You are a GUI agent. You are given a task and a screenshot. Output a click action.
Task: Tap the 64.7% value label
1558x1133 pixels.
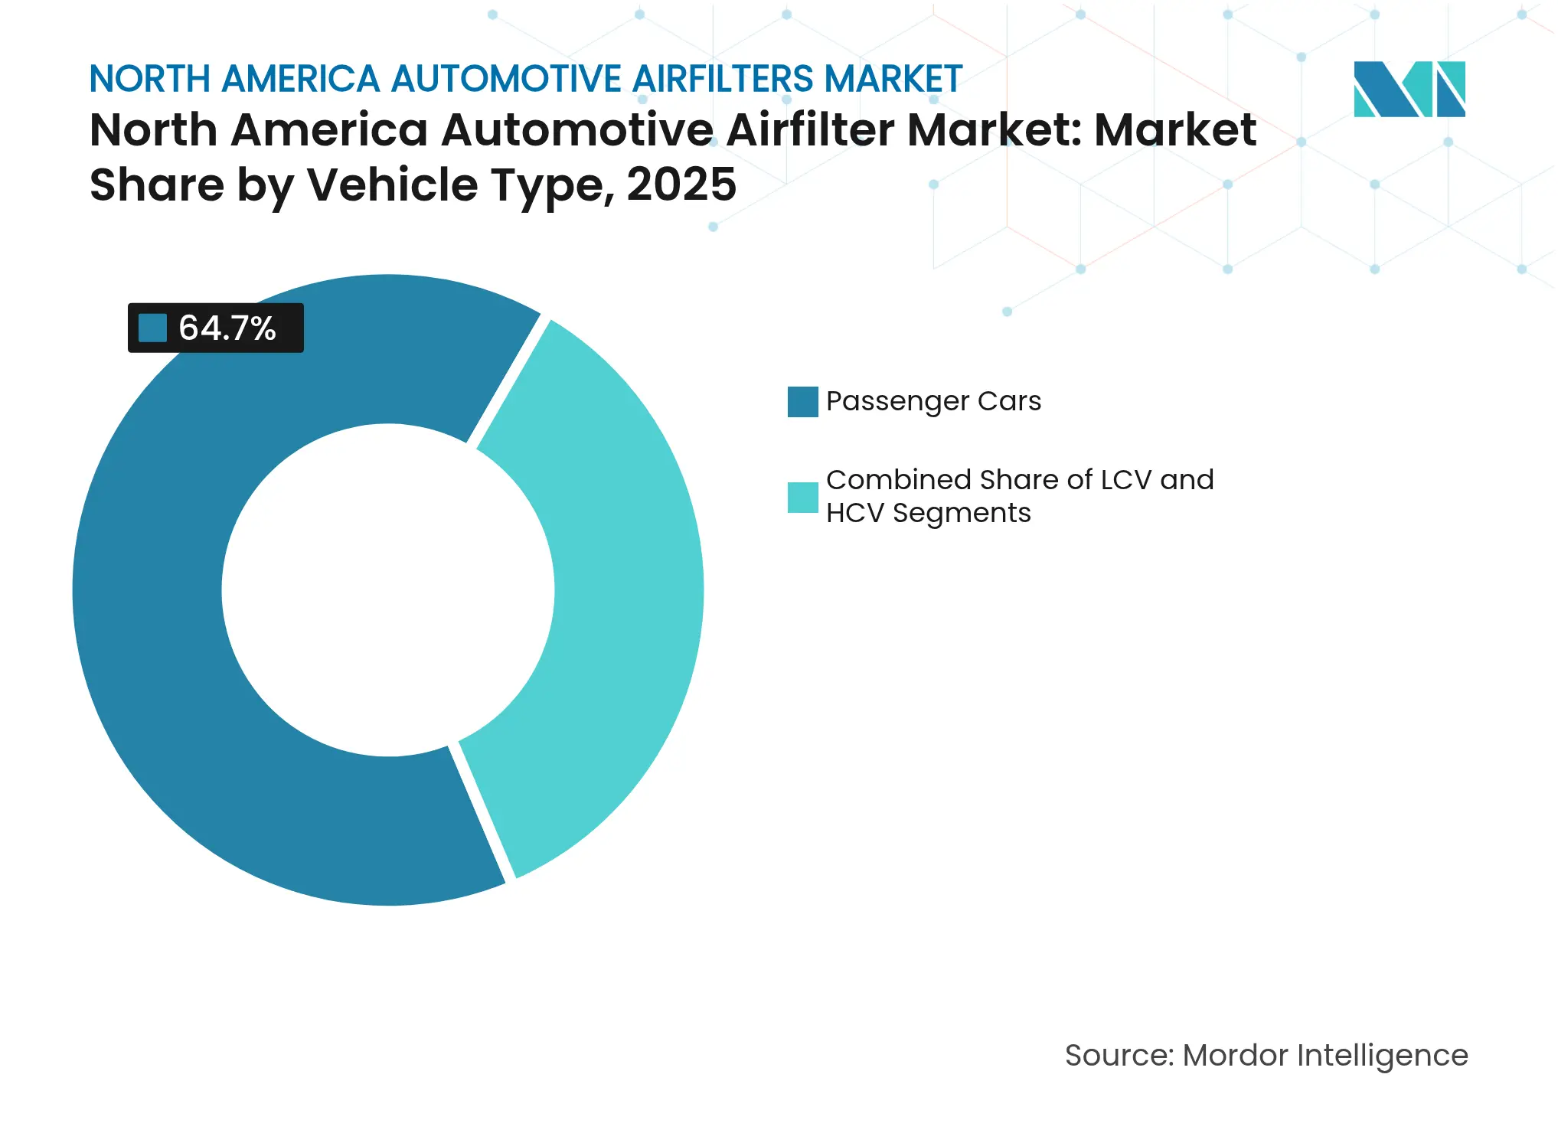(x=227, y=328)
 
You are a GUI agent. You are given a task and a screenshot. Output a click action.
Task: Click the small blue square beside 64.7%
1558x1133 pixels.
(x=152, y=328)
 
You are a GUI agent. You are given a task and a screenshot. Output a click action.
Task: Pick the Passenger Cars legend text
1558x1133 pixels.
(x=933, y=401)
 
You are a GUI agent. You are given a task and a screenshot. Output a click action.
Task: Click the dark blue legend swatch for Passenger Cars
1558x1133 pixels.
(x=802, y=402)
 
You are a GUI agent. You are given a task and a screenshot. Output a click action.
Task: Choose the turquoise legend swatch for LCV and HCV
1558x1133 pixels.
(x=802, y=497)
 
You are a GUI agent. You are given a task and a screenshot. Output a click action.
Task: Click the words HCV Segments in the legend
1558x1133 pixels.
(x=928, y=513)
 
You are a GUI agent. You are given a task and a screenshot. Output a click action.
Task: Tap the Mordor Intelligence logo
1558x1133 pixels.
(x=1409, y=90)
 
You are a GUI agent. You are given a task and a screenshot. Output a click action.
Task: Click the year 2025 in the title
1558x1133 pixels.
(x=681, y=185)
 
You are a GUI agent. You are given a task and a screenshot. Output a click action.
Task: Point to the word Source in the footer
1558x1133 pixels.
(x=1117, y=1056)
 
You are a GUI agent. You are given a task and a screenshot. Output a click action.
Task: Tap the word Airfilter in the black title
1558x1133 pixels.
(x=810, y=130)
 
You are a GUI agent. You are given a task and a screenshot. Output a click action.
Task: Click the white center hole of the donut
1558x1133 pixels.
(x=388, y=590)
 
